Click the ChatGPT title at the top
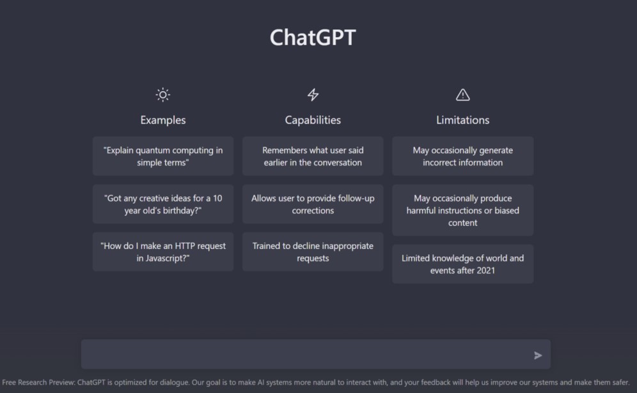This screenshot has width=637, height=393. click(313, 38)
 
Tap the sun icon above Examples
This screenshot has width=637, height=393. click(163, 95)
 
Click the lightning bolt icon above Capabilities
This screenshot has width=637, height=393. click(313, 95)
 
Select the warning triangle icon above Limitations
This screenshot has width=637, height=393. click(462, 95)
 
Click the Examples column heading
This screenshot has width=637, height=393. click(163, 120)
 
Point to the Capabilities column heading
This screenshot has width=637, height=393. click(313, 120)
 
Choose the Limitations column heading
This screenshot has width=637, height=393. click(462, 120)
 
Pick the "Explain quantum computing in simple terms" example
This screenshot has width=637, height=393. click(163, 156)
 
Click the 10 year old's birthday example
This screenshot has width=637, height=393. click(163, 204)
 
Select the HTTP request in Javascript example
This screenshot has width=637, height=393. click(163, 252)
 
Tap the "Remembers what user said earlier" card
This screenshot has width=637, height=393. click(313, 156)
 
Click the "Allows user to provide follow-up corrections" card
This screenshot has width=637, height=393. click(313, 204)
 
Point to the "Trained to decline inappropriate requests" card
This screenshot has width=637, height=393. click(313, 252)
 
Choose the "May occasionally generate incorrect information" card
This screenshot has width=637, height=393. click(462, 156)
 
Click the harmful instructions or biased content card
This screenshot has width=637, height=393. click(462, 211)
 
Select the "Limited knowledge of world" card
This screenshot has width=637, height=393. click(462, 264)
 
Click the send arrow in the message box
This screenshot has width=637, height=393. click(538, 355)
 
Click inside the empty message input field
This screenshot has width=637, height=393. click(301, 355)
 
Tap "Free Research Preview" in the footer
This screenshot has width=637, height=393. click(38, 383)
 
